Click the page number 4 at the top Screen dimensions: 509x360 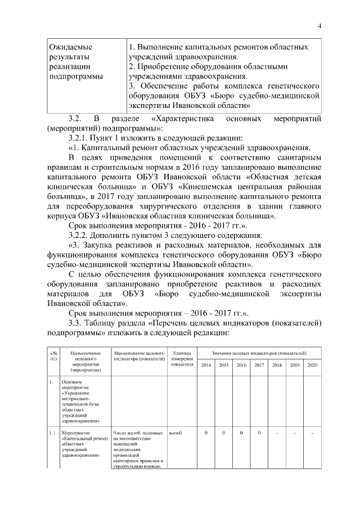[x=319, y=25]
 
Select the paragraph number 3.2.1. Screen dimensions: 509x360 [x=79, y=138]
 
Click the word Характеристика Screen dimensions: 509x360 [x=187, y=119]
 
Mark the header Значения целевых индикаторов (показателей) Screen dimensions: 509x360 [x=259, y=352]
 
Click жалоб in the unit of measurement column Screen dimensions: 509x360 [x=175, y=433]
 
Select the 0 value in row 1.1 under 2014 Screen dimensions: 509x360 [x=206, y=433]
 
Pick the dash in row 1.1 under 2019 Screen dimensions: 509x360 [x=294, y=433]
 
